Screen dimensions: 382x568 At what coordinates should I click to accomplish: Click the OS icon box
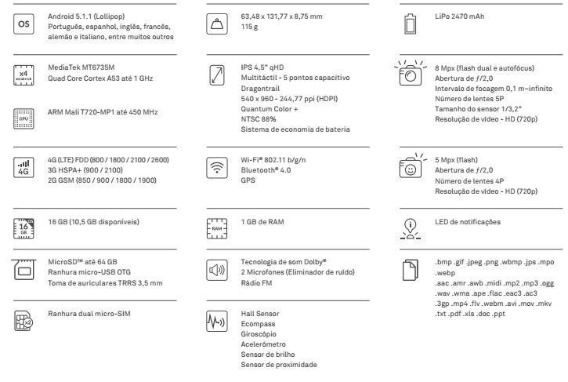point(24,25)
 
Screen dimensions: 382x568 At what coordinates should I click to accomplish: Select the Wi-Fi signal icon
point(217,167)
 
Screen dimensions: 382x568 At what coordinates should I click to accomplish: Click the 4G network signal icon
point(24,167)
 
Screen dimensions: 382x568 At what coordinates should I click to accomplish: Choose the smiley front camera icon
point(410,167)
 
